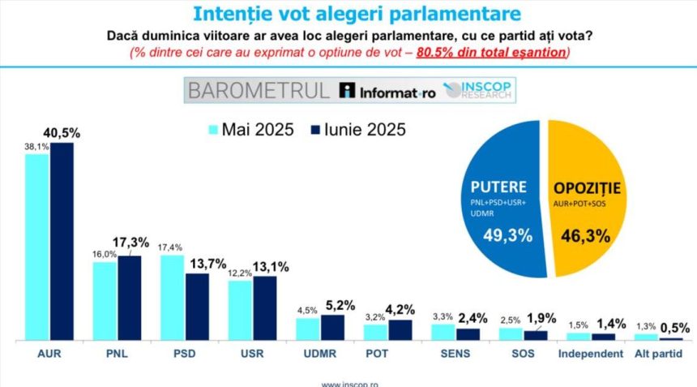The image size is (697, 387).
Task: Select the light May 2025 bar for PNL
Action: click(x=105, y=301)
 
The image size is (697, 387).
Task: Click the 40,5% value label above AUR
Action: click(x=62, y=133)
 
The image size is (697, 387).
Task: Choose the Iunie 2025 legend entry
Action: click(x=357, y=129)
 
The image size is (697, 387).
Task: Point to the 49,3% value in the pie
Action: click(x=509, y=236)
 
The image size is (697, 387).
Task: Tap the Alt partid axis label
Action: click(x=658, y=354)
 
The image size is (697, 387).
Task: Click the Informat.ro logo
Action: click(x=387, y=91)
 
